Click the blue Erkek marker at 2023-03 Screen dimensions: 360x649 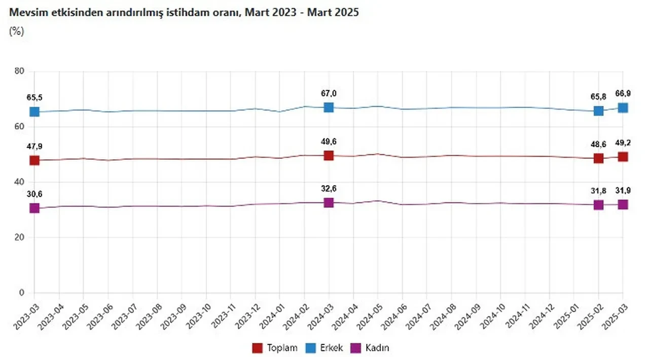pos(34,112)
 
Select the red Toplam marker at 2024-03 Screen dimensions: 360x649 pos(329,156)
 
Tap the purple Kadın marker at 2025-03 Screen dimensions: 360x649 pos(623,204)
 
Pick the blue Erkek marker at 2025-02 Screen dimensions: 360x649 pos(598,111)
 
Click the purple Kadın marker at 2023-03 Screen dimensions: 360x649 pos(34,208)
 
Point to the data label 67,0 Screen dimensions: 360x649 pos(329,93)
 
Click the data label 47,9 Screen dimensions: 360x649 pos(34,147)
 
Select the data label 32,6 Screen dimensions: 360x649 pos(329,189)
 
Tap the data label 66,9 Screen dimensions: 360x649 pos(623,94)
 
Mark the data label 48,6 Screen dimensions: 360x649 pos(598,143)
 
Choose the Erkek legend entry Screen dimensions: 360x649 pos(324,348)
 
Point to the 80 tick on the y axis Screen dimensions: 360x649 pos(20,71)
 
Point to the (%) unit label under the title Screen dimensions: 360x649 pos(16,31)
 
